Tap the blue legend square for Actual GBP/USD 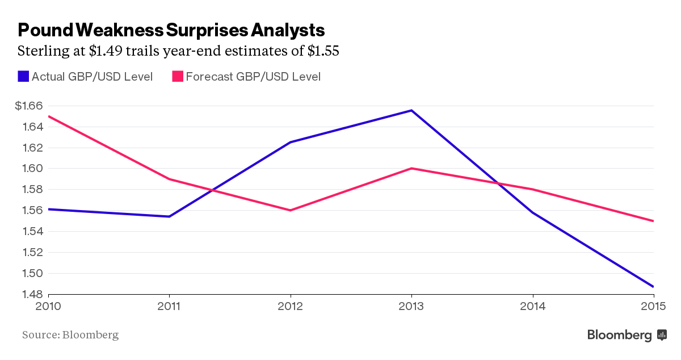coord(23,76)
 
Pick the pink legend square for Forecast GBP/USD coord(177,76)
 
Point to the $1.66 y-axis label coord(29,106)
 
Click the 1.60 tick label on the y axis coord(32,169)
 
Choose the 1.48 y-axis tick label coord(32,294)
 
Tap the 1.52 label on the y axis coord(32,252)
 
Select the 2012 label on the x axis coord(291,307)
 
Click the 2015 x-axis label coord(653,307)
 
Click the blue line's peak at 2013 coord(411,110)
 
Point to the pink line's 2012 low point coord(291,210)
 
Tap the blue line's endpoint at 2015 coord(653,286)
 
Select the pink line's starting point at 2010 coord(49,116)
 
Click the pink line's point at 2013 coord(411,169)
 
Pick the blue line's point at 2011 coord(170,216)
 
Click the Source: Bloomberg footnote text coord(70,334)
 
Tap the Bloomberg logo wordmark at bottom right coord(620,335)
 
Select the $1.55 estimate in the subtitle coord(323,51)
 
